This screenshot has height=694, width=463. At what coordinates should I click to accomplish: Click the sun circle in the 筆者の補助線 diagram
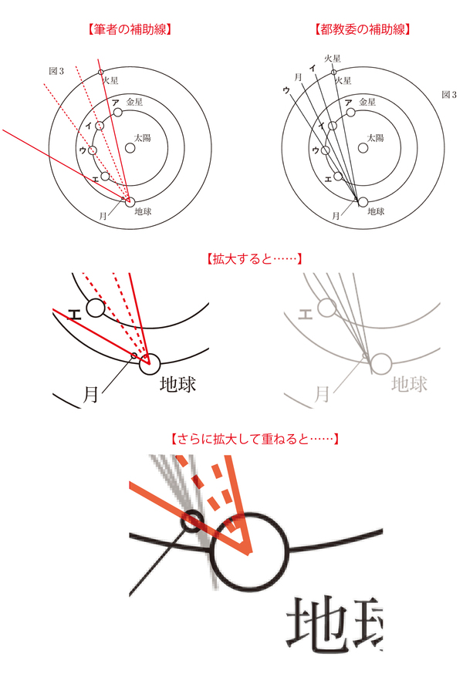click(x=130, y=148)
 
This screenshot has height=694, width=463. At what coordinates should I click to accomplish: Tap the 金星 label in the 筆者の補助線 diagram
click(x=135, y=101)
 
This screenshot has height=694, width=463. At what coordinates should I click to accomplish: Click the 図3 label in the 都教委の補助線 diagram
click(x=449, y=95)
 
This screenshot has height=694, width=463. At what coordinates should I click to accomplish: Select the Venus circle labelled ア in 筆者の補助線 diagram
click(x=117, y=113)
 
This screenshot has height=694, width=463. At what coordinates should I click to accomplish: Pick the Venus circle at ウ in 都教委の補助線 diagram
click(x=325, y=150)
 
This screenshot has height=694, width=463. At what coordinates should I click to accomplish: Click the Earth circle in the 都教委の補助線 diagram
click(x=363, y=202)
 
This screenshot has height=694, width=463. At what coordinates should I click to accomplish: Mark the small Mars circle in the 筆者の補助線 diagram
click(x=100, y=72)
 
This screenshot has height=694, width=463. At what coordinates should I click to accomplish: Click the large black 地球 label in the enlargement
click(x=178, y=384)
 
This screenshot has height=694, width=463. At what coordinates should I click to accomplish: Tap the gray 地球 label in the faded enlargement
click(x=409, y=383)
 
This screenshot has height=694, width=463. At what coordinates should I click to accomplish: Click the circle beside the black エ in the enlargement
click(x=95, y=308)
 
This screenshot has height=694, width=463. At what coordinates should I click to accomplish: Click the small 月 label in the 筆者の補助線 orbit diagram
click(x=103, y=216)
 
